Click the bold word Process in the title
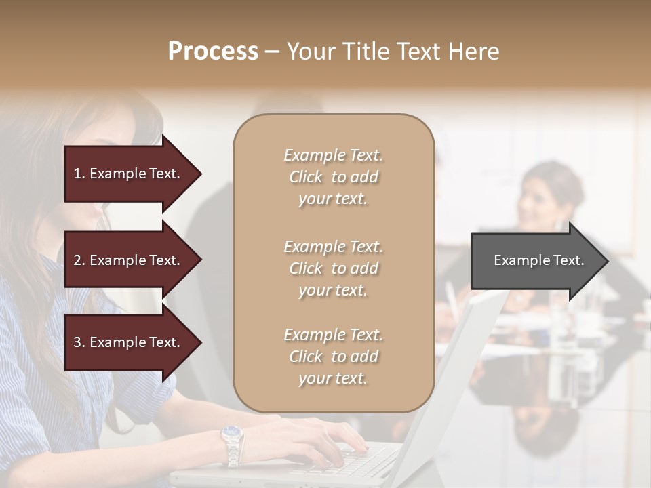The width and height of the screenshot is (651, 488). coord(213,52)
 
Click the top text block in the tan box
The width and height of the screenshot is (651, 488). coord(333,177)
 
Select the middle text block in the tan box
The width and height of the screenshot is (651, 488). coord(333,268)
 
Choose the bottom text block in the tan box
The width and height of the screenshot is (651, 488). coord(333,357)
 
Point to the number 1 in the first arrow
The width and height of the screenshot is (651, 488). coord(77,174)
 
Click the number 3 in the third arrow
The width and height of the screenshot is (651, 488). coord(77,342)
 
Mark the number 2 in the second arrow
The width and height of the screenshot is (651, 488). coord(77,260)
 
